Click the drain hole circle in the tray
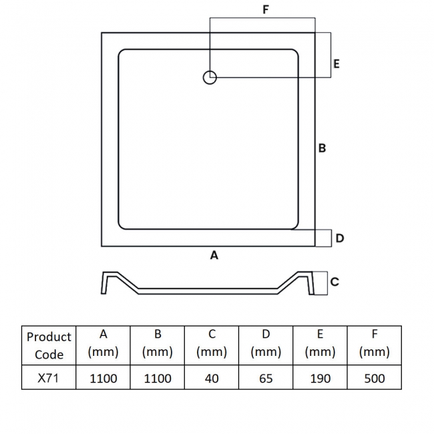click(x=210, y=77)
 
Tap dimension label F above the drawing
click(x=266, y=10)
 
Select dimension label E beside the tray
click(x=337, y=63)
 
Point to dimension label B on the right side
click(x=322, y=148)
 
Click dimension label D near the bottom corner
click(x=339, y=238)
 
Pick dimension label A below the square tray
click(x=214, y=255)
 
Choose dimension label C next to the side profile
click(x=335, y=282)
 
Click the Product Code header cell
click(x=49, y=345)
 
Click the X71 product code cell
click(x=49, y=378)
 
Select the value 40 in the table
click(x=212, y=378)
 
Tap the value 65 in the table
click(x=266, y=378)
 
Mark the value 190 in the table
click(x=320, y=378)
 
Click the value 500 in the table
click(x=374, y=378)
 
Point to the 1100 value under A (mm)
click(x=103, y=378)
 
